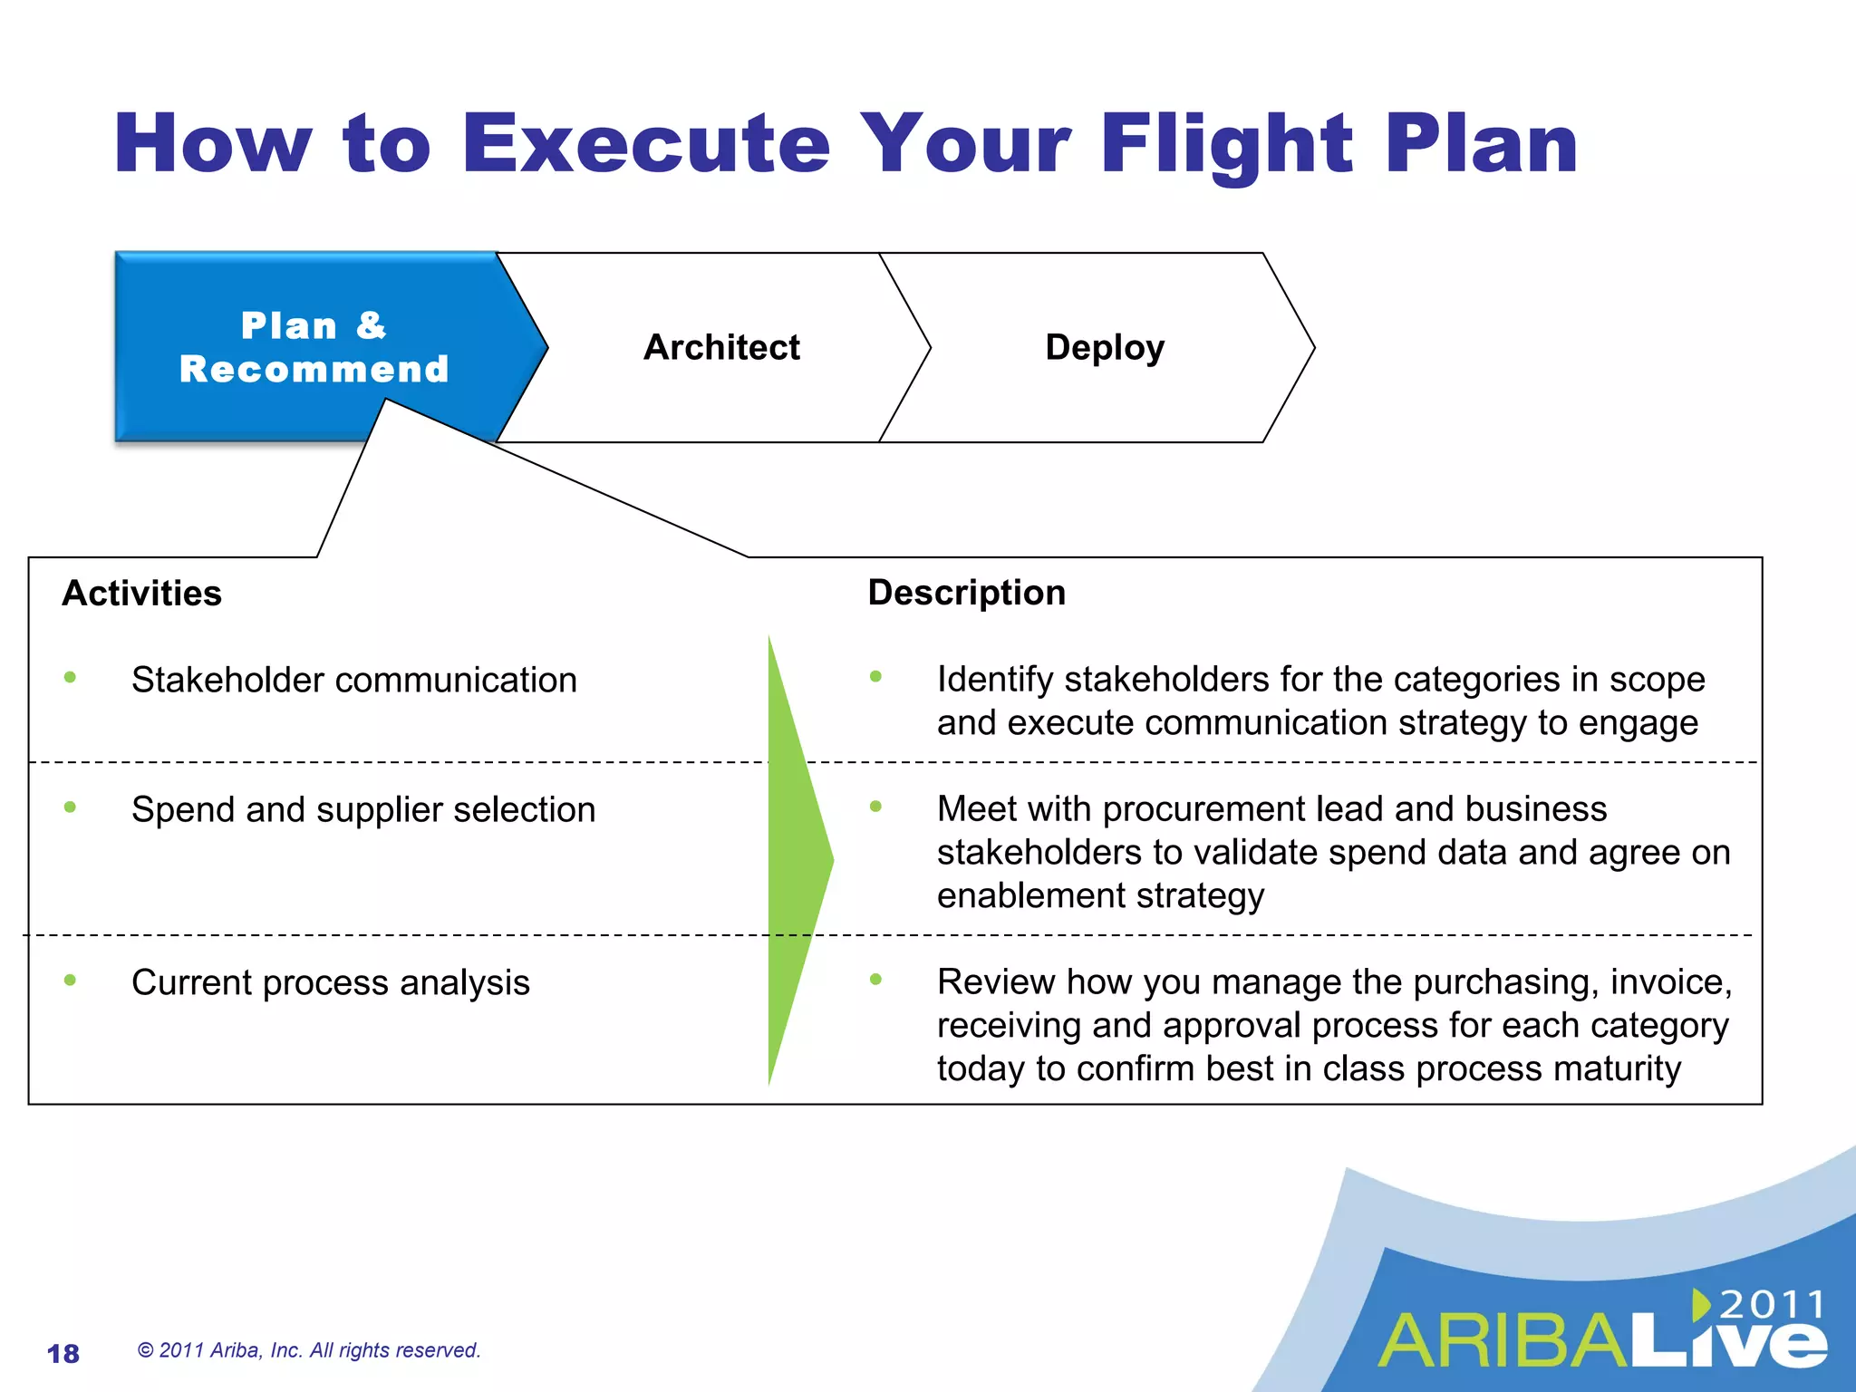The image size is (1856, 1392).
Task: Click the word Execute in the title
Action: (x=645, y=145)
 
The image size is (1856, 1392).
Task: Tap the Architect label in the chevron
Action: (x=721, y=348)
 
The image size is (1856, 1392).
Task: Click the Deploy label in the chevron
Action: (x=1104, y=348)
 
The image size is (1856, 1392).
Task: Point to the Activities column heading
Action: (x=141, y=594)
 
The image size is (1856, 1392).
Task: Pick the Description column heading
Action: (x=966, y=593)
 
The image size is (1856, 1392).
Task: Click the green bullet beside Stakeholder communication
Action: (x=70, y=677)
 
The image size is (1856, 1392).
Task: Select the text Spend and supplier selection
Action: (x=362, y=809)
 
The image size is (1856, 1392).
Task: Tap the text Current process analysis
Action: (x=330, y=982)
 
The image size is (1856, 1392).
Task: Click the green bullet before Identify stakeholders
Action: (x=875, y=676)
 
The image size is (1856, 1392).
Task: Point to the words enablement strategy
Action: (x=1099, y=896)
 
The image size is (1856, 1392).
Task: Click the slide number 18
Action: (x=63, y=1354)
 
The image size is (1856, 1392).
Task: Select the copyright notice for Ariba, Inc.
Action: (x=308, y=1350)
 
